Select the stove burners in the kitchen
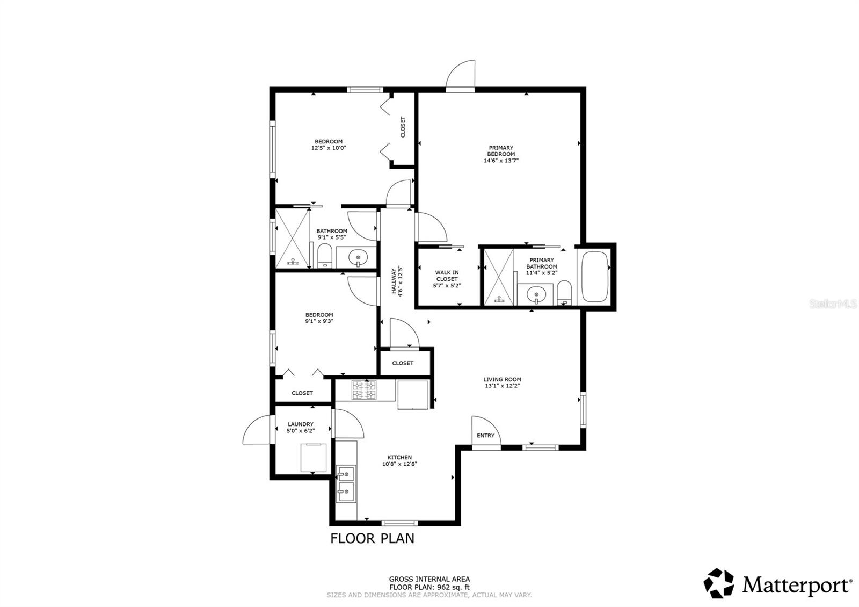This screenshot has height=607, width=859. click(365, 390)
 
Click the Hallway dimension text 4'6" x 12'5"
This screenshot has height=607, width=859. click(401, 281)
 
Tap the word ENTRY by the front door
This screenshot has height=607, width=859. click(485, 435)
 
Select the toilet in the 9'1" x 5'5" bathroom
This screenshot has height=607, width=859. click(325, 257)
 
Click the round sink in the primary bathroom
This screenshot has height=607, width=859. click(535, 294)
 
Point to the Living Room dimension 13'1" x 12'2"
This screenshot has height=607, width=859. click(502, 386)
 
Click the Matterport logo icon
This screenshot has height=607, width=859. click(718, 583)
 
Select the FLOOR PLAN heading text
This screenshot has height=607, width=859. click(372, 538)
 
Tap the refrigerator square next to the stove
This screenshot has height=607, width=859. click(412, 395)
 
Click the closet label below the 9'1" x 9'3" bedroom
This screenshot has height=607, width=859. click(302, 393)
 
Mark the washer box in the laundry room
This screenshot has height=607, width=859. click(312, 457)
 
